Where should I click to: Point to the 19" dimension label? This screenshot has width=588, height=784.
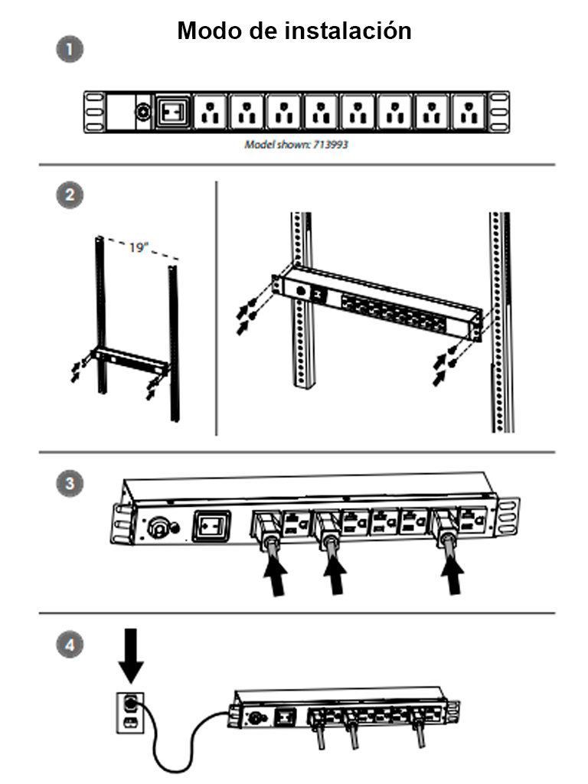[138, 249]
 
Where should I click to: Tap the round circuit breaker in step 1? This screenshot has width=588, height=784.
[142, 112]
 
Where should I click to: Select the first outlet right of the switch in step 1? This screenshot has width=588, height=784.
[209, 112]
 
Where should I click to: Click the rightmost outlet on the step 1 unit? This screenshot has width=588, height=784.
[468, 112]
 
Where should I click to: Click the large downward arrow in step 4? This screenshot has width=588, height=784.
[132, 655]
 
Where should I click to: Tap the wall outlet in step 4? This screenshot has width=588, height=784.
[130, 711]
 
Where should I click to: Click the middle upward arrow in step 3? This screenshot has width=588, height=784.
[335, 577]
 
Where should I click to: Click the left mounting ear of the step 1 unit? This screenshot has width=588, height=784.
[93, 112]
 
